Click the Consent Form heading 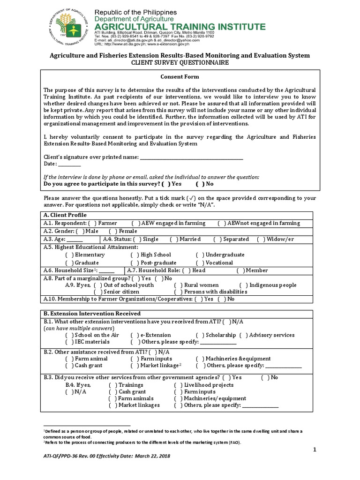point(180,76)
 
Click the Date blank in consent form point(69,165)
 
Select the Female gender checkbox point(112,231)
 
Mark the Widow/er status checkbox point(261,240)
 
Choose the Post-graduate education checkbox point(135,263)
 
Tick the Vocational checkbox point(200,263)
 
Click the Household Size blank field point(107,271)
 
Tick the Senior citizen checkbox point(98,292)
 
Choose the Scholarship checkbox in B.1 point(200,335)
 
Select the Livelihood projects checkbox point(178,385)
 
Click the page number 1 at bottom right point(315,450)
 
